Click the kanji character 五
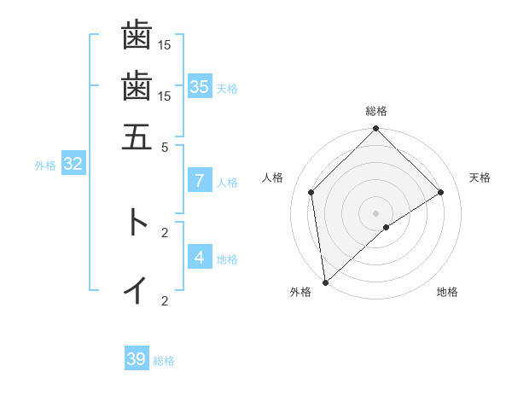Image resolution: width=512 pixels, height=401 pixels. coord(137,136)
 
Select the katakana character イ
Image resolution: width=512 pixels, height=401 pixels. coord(137,290)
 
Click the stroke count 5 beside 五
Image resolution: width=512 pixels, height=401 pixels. coord(165,146)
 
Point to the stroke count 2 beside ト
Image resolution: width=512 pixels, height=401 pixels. coord(165,231)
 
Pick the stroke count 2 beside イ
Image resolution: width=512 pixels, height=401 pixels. coord(165,300)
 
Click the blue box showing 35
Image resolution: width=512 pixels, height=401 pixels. coord(200,86)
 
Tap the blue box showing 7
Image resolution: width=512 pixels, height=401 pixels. coord(200,180)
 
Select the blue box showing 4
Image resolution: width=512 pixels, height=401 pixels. coord(200,257)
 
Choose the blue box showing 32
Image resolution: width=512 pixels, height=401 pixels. coord(73,164)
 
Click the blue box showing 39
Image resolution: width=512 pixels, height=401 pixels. coord(137,359)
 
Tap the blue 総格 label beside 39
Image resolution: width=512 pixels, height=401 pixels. coord(164,361)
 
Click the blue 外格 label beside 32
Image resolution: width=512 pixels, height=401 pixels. coord(45,166)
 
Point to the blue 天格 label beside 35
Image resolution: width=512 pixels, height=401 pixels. coord(227,88)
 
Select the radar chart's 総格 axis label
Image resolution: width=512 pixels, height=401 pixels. coord(376,112)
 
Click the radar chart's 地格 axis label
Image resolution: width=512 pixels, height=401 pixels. coord(447,292)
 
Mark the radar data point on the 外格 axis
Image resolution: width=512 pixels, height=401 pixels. coord(325,282)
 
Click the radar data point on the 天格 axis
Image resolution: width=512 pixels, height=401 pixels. coord(441,192)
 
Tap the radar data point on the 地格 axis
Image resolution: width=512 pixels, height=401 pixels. coord(387,227)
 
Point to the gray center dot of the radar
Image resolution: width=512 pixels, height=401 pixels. coord(376,212)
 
